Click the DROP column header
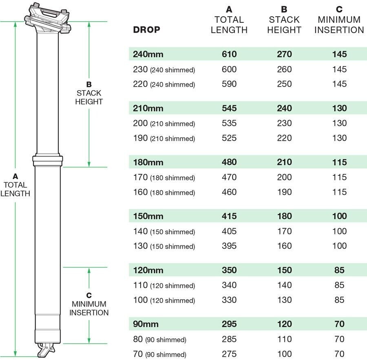tap(146, 30)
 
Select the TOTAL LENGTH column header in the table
tap(229, 20)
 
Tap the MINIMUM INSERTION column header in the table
tap(339, 20)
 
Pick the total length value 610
tap(229, 54)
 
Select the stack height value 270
tap(284, 54)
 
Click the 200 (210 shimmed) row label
tap(164, 123)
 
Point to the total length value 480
tap(229, 162)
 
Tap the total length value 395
tap(229, 246)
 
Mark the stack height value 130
tap(284, 300)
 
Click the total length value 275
tap(229, 354)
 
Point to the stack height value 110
tap(284, 339)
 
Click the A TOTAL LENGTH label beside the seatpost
tap(15, 185)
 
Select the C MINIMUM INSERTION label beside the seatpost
tap(89, 304)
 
